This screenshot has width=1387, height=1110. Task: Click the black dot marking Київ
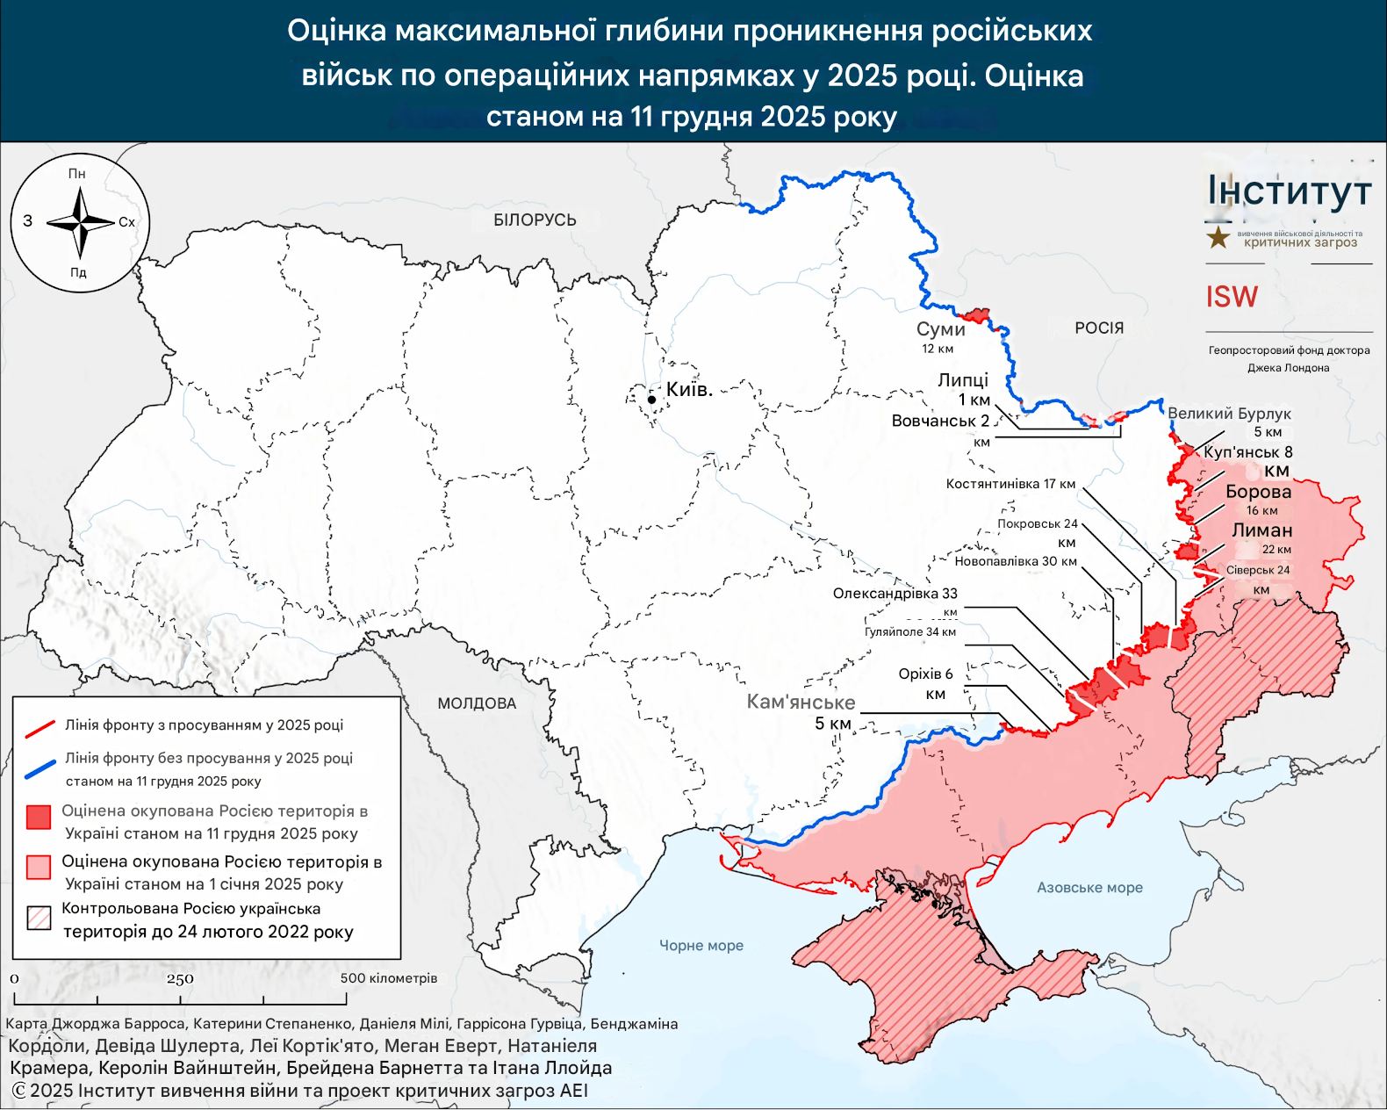[651, 400]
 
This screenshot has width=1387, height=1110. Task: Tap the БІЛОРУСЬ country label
[535, 220]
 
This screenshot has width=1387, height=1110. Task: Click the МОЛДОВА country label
[477, 703]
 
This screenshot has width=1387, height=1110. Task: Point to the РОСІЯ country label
[1099, 328]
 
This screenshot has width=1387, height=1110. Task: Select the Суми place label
[940, 329]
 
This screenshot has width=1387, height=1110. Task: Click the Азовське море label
[1089, 888]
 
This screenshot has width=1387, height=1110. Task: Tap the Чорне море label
[701, 946]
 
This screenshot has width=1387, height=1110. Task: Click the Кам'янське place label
[801, 703]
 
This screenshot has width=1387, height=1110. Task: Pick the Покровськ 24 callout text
[1037, 524]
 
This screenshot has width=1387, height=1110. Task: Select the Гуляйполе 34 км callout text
[909, 632]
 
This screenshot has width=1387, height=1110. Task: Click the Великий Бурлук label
[1228, 414]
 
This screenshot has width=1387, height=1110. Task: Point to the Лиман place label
[1261, 530]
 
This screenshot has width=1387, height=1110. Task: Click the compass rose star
[80, 222]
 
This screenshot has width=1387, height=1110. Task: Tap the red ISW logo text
[1231, 297]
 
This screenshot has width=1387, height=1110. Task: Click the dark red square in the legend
[39, 818]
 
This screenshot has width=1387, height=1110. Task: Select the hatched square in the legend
[39, 918]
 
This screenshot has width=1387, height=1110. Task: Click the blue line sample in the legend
[40, 769]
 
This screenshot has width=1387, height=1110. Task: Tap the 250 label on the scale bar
[180, 979]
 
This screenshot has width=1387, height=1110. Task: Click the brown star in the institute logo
[1218, 237]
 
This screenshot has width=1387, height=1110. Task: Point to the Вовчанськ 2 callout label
[940, 422]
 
